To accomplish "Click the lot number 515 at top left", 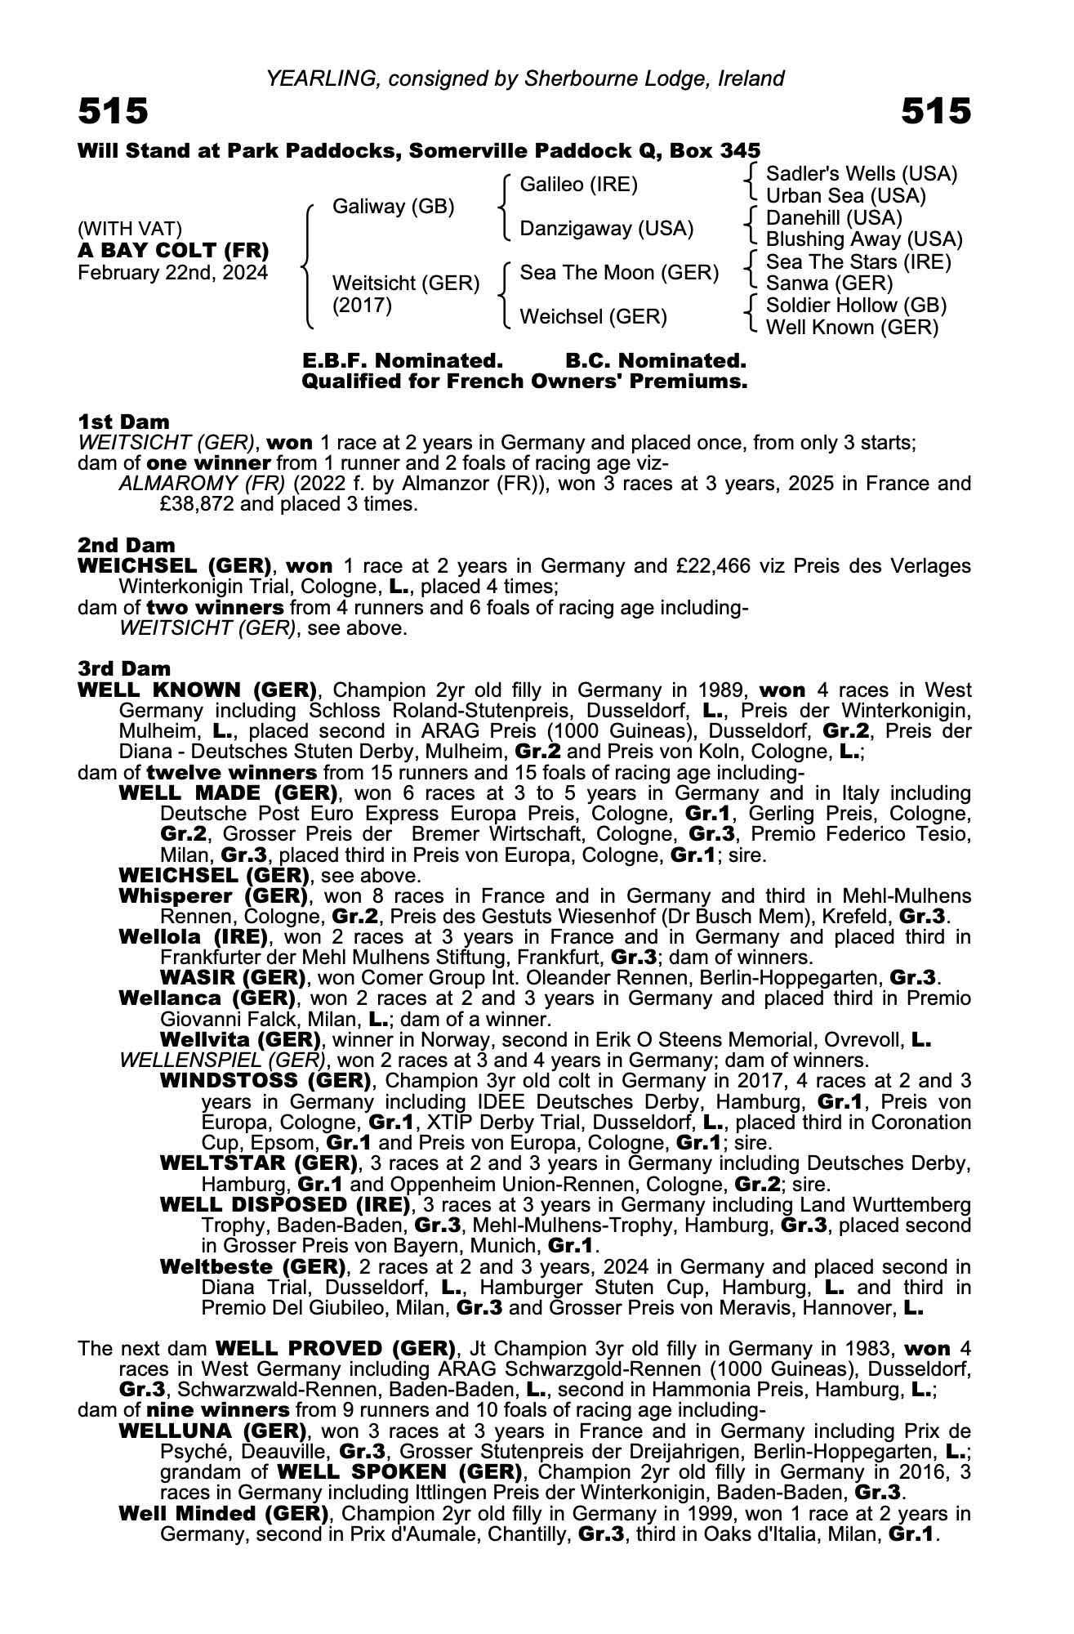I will pyautogui.click(x=113, y=112).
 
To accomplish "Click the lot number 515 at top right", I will pyautogui.click(x=936, y=112).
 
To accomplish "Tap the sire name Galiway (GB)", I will pyautogui.click(x=393, y=207).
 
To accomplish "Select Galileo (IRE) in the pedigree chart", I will pyautogui.click(x=578, y=185).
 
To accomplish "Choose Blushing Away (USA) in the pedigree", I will pyautogui.click(x=864, y=239).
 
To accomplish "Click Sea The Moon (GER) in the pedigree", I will pyautogui.click(x=619, y=272).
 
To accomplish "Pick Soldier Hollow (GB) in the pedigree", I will pyautogui.click(x=856, y=306).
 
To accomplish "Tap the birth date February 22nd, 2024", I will pyautogui.click(x=172, y=273).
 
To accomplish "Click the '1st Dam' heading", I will pyautogui.click(x=123, y=422).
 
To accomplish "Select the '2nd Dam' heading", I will pyautogui.click(x=126, y=545).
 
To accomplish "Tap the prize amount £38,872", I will pyautogui.click(x=197, y=504).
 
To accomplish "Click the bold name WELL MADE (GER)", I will pyautogui.click(x=228, y=793).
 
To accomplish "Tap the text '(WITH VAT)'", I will pyautogui.click(x=130, y=229).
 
